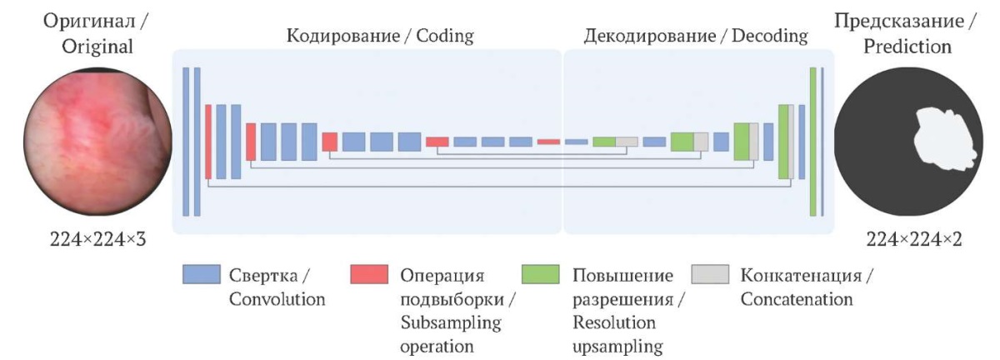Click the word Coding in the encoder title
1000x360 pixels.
[445, 36]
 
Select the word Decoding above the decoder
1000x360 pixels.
[770, 36]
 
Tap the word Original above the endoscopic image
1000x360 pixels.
[97, 47]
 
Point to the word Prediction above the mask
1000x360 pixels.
[907, 47]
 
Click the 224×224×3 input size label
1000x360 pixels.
[97, 239]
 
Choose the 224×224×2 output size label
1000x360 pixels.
[914, 239]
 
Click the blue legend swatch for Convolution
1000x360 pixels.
[202, 274]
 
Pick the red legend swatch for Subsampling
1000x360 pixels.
[368, 274]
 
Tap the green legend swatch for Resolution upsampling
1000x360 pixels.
[540, 274]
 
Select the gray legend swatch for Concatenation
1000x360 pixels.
[710, 274]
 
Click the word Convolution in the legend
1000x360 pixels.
[277, 299]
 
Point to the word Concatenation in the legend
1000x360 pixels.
[797, 299]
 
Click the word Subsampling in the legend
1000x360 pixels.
[451, 323]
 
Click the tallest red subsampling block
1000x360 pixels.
[208, 142]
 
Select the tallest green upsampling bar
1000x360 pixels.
[813, 142]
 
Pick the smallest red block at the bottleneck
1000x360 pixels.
[548, 142]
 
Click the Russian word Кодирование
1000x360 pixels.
[342, 36]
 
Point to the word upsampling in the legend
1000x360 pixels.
[617, 347]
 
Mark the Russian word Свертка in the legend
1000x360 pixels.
[263, 276]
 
